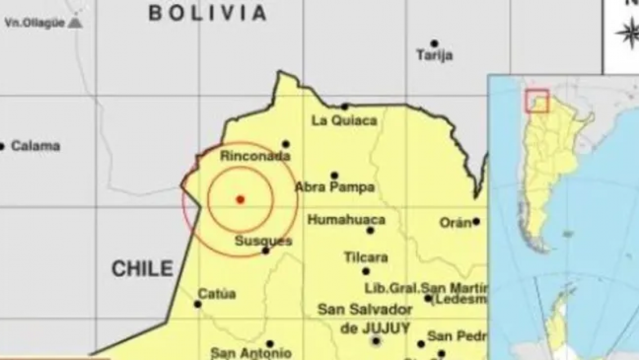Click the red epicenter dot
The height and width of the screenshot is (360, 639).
240,199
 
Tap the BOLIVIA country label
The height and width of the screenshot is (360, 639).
208,12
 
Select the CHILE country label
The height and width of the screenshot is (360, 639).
142,268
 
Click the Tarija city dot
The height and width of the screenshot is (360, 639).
434,43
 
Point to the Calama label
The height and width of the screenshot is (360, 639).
35,146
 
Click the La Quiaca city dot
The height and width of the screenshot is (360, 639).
345,106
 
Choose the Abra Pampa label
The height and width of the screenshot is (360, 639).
335,188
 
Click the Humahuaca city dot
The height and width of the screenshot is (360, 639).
370,230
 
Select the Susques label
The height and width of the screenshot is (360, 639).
263,241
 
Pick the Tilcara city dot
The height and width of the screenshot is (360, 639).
366,271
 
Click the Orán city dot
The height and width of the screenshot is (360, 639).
476,221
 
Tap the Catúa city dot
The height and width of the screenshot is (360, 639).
198,304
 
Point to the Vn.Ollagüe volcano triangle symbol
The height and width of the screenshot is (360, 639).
75,23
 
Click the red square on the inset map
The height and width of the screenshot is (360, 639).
537,101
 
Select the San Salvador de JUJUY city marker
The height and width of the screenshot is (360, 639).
376,340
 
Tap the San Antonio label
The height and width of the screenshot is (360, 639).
251,353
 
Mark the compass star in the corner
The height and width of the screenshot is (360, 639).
628,33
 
